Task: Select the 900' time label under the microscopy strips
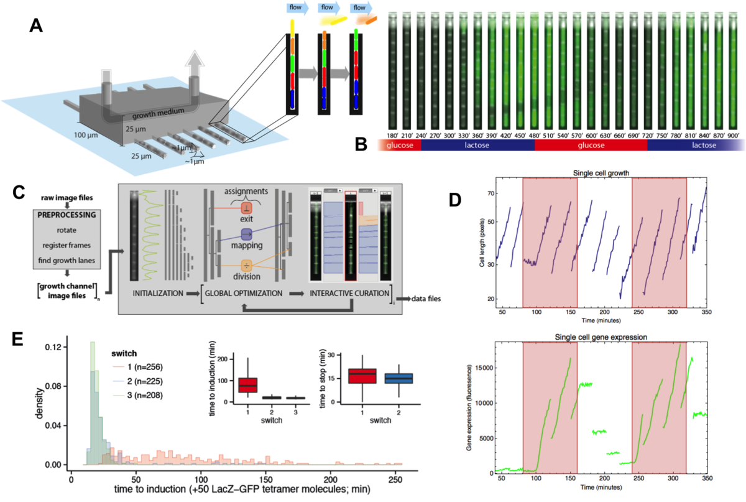(732, 134)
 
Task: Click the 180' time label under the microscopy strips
(392, 134)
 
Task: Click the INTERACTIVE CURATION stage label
(346, 292)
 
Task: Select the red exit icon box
(246, 207)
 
